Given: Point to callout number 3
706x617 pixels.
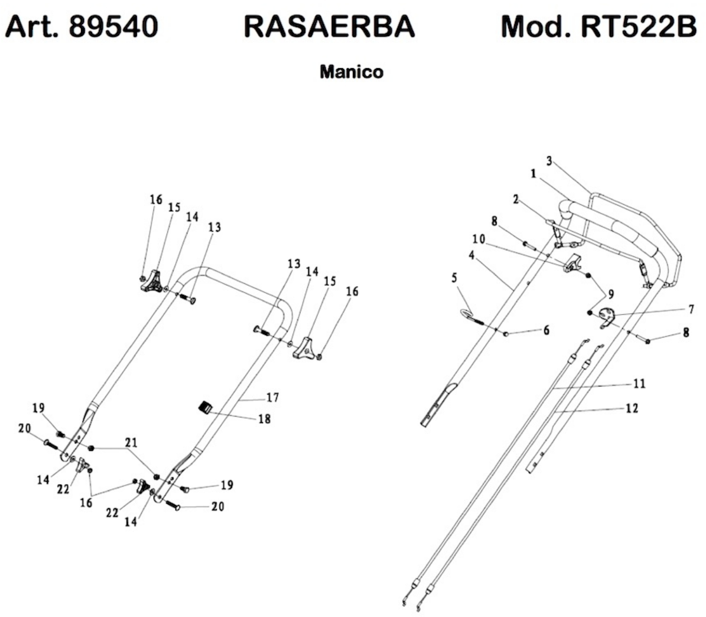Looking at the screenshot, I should pos(549,161).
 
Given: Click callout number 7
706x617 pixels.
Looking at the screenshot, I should pos(691,309).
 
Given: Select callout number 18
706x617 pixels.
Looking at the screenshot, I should pos(264,419).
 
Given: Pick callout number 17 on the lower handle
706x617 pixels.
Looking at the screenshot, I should pos(272,398).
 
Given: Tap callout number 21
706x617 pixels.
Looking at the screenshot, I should pos(131,442).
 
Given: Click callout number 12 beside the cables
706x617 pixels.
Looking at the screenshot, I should pos(632,408).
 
